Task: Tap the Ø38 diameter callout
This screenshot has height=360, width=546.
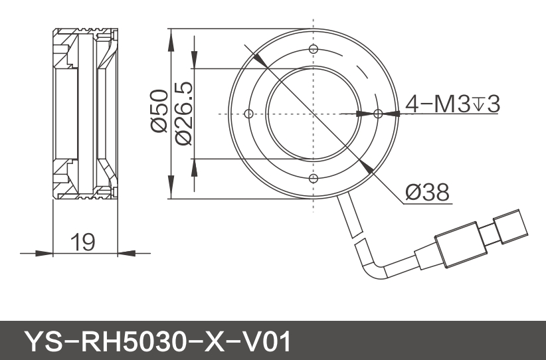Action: tap(427, 193)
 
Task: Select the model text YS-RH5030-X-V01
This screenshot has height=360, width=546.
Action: tap(157, 341)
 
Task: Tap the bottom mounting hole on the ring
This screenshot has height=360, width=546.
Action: tap(313, 178)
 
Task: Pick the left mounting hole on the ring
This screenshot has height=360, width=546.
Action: tap(249, 114)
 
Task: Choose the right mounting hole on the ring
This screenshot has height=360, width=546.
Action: tap(378, 114)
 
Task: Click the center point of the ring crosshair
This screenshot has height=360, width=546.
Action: tap(313, 114)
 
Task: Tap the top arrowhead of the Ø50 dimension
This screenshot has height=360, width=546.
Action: tap(171, 36)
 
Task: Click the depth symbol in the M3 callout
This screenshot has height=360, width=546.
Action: tap(479, 104)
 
